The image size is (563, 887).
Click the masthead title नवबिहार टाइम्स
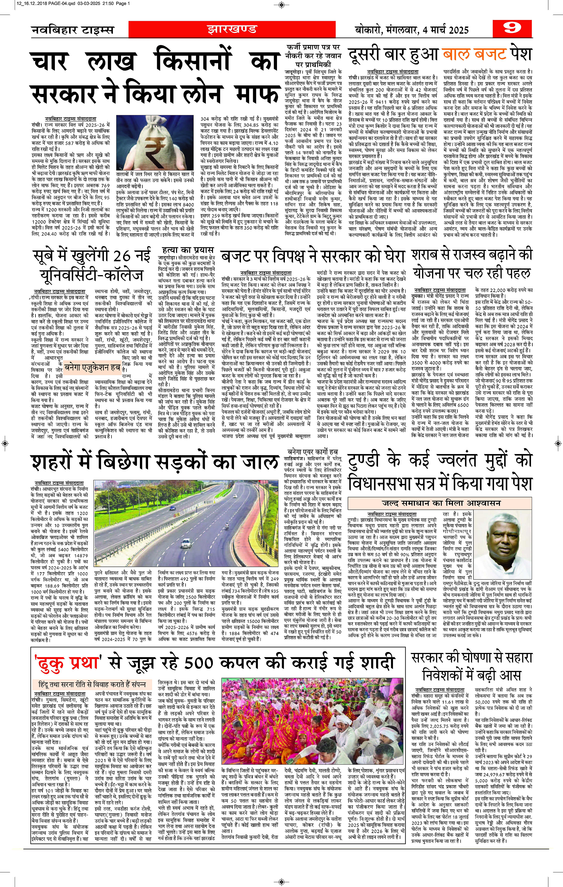click(x=72, y=30)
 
